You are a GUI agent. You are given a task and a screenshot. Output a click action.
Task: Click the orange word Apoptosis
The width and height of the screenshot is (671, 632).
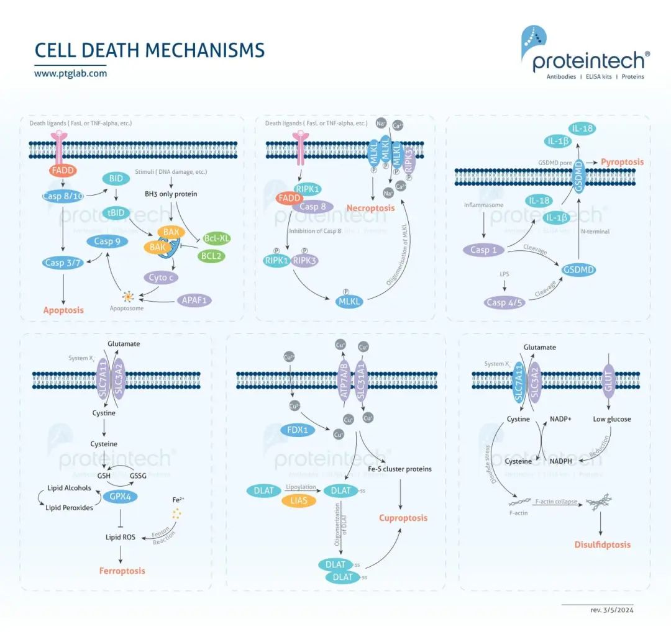pos(63,310)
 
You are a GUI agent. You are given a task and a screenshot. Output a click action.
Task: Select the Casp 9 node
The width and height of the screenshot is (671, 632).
pos(107,242)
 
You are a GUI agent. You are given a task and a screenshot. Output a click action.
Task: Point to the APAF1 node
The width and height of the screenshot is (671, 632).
pos(193,300)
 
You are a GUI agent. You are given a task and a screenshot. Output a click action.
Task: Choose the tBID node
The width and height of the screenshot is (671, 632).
pos(116,213)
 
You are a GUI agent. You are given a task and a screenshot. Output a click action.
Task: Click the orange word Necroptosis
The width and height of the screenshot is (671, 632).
pos(370,208)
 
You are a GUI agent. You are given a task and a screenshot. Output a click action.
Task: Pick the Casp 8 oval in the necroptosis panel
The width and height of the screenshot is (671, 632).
pos(313,207)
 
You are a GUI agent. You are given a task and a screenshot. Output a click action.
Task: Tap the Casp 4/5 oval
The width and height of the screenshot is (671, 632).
pos(504,302)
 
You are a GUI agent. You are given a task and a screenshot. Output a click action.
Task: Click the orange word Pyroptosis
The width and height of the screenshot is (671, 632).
pos(622,162)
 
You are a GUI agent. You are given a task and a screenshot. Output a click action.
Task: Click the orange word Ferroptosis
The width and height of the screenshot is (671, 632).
pos(122,570)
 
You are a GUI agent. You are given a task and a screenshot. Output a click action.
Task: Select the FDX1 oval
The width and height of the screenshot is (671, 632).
pos(298,430)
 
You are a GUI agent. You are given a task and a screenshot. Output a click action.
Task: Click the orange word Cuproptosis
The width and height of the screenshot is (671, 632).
pos(404,518)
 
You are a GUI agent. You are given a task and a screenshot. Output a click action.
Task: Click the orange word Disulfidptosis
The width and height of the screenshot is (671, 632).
pos(602,544)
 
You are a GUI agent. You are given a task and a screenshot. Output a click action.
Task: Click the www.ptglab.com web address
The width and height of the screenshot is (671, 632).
pos(70,73)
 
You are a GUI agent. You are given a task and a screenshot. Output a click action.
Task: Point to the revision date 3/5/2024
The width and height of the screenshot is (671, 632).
pos(611,610)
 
